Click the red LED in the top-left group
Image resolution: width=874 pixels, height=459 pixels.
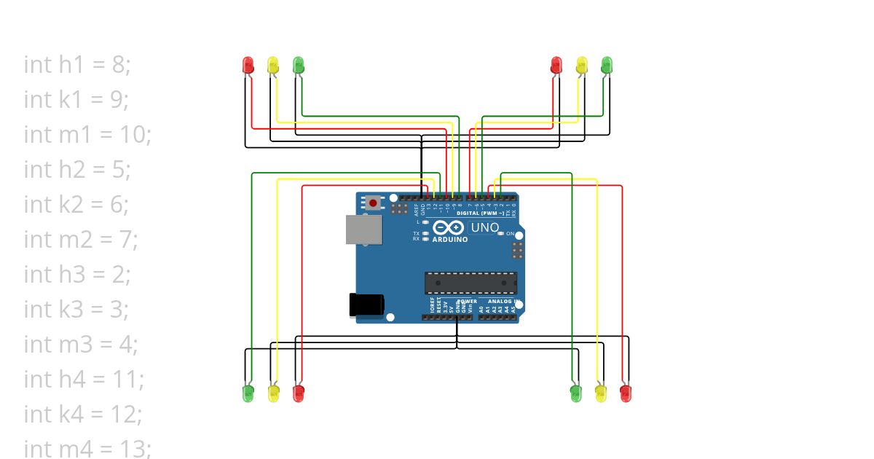tap(248, 64)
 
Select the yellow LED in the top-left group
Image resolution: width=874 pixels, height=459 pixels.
tap(272, 64)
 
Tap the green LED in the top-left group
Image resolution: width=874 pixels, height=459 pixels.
tap(297, 64)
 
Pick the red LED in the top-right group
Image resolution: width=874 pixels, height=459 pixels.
tap(556, 64)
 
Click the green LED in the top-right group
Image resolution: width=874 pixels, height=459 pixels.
tap(606, 64)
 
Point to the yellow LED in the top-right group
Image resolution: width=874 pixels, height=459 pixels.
tap(581, 64)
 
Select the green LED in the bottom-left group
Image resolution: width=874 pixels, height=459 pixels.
tap(248, 393)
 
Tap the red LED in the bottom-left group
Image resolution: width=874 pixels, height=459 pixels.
tap(298, 393)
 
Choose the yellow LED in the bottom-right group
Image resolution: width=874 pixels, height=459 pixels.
tap(600, 393)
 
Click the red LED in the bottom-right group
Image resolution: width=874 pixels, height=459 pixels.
tap(625, 393)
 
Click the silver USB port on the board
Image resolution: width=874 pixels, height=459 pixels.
tap(363, 229)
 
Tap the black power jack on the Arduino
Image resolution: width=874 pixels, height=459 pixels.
tap(367, 305)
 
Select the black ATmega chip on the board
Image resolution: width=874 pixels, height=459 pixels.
tap(471, 283)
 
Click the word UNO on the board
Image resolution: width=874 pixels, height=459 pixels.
tap(485, 227)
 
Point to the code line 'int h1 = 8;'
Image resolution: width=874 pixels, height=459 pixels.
tap(77, 65)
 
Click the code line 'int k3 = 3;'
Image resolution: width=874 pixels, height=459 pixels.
tap(76, 310)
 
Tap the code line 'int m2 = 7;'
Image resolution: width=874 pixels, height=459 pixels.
tap(81, 240)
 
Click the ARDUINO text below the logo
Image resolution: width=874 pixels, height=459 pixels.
tap(450, 240)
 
